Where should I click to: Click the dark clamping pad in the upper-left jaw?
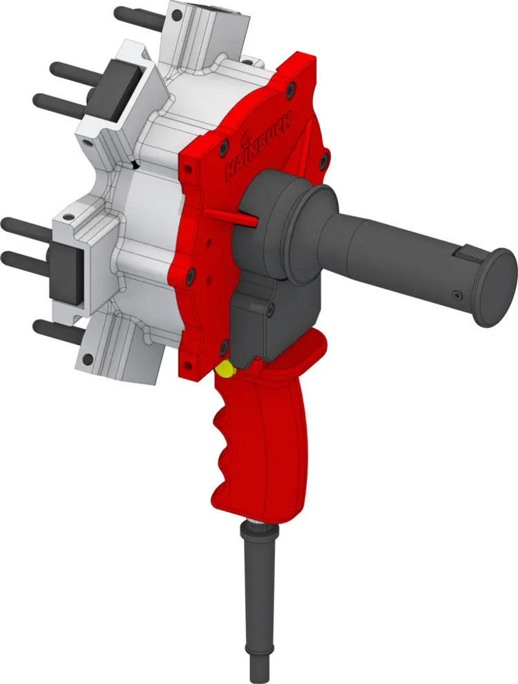[121, 90]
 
